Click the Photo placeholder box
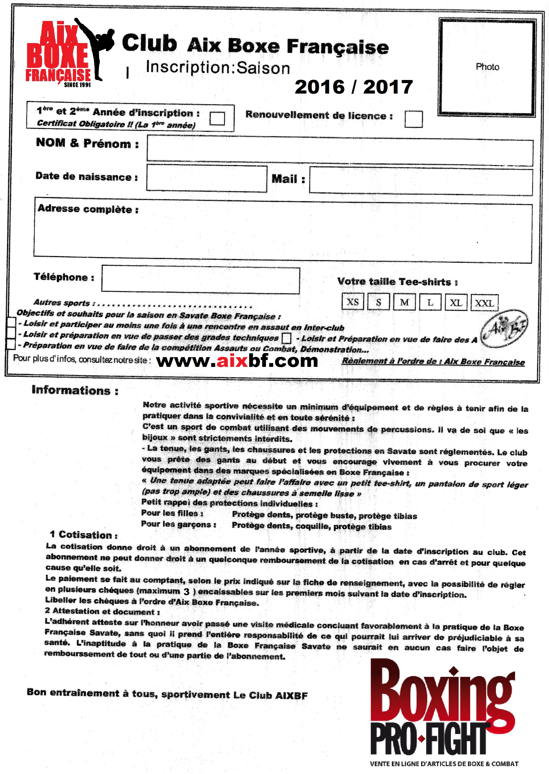pyautogui.click(x=487, y=67)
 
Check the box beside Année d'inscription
pyautogui.click(x=217, y=119)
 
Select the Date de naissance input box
pyautogui.click(x=207, y=178)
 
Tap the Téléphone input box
pyautogui.click(x=200, y=280)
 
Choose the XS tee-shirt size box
pyautogui.click(x=353, y=302)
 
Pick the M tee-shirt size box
pyautogui.click(x=404, y=302)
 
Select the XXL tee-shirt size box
pyautogui.click(x=484, y=303)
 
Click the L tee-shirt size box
pyautogui.click(x=430, y=302)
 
